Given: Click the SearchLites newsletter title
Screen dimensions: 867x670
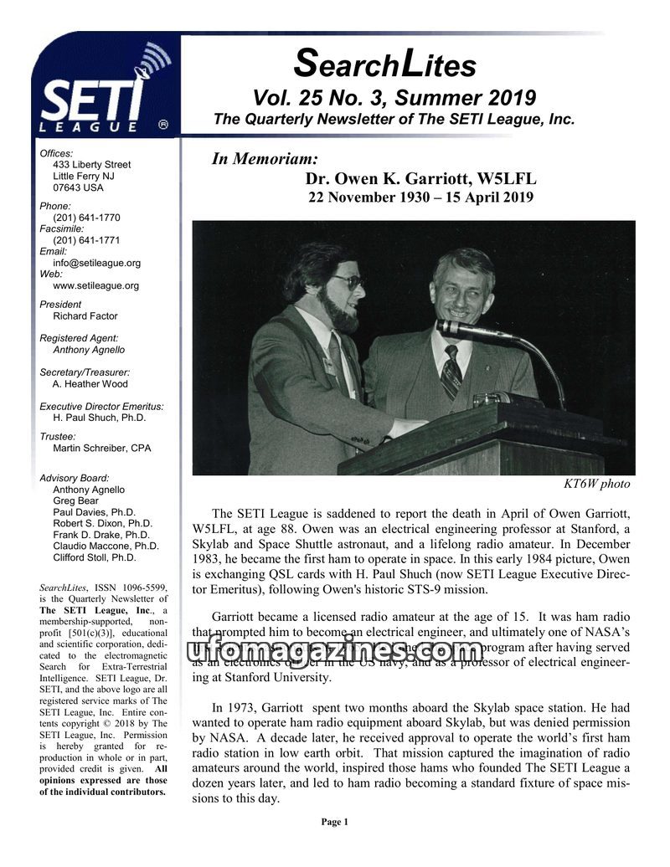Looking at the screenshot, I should point(385,63).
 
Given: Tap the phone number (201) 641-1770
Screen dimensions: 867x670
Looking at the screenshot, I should point(86,218).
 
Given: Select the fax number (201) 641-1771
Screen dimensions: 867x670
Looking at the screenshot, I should point(86,240).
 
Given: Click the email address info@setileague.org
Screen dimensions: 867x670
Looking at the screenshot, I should point(96,263).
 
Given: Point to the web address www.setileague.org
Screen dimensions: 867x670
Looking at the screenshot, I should point(95,285).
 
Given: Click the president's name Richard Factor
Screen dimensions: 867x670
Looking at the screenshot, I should point(85,316).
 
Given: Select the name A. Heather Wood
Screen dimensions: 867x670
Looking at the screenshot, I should point(90,384).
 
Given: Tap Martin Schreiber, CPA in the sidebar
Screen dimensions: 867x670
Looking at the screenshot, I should point(101,449).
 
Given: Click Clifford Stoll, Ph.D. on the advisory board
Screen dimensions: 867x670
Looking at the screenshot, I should point(94,557).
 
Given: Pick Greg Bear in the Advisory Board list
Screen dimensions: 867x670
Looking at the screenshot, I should point(75,501).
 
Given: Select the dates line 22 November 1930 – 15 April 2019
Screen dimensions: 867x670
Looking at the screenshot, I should point(420,198).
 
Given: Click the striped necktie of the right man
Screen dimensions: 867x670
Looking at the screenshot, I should point(451,372).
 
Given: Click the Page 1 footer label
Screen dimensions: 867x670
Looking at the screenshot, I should point(334,822).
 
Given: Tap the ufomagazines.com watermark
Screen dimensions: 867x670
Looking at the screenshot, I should point(334,650).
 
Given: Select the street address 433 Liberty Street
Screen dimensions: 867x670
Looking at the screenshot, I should point(91,165).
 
